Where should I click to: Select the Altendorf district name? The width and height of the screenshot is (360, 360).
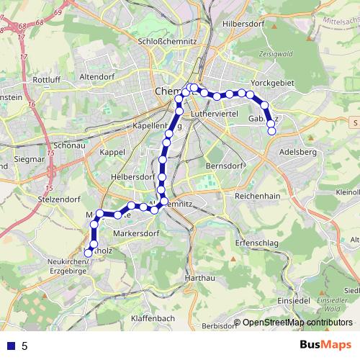click(x=98, y=76)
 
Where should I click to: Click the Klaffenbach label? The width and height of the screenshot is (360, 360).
click(x=153, y=318)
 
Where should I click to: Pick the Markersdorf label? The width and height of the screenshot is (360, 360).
click(x=136, y=234)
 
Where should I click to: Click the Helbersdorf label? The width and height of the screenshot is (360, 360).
click(x=129, y=176)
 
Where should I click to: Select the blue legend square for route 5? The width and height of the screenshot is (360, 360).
click(x=10, y=346)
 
